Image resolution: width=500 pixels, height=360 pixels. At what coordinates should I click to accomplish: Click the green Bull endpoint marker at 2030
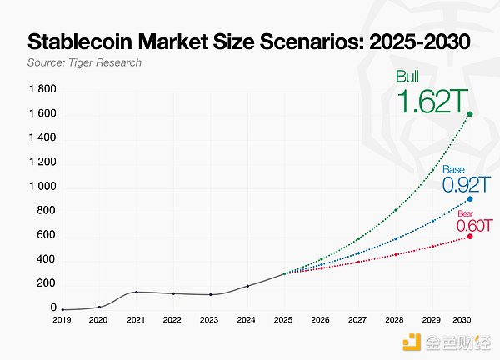point(471,114)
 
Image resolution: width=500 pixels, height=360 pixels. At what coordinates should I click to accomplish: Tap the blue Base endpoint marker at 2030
point(471,198)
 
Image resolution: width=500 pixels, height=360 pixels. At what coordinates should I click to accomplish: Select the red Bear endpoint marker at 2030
point(471,237)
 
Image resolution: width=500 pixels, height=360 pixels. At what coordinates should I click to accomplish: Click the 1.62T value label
point(430,102)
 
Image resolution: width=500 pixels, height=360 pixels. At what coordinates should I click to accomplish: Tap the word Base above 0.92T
point(452,169)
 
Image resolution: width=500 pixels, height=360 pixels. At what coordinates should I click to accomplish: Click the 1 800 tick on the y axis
point(42,89)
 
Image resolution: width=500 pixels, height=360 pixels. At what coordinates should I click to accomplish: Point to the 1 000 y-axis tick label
point(42,187)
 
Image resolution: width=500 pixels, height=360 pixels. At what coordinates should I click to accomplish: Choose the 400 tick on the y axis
point(47,259)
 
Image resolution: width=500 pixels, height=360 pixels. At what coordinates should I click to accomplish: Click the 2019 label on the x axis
point(62,319)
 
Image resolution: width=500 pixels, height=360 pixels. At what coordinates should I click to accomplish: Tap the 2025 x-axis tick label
point(282,319)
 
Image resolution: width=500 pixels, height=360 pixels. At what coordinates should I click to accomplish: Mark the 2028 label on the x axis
point(396,319)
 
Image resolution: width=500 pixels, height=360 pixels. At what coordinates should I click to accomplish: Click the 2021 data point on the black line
point(136,292)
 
